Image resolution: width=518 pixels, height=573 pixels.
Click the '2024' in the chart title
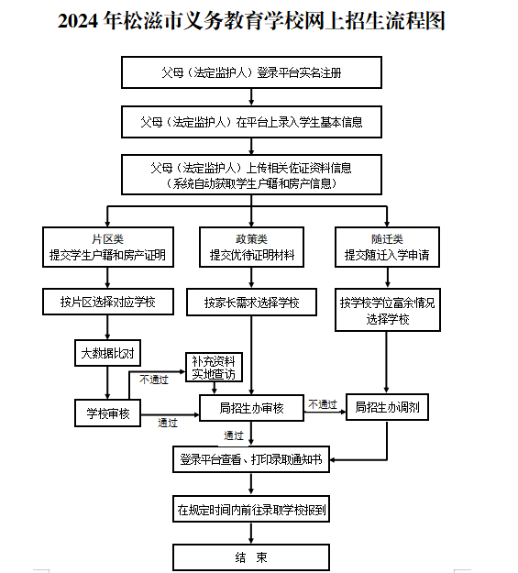click(x=78, y=20)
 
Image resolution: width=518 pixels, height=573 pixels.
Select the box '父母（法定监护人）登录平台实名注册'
click(x=251, y=72)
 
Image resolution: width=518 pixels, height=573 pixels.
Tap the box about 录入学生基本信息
click(x=251, y=122)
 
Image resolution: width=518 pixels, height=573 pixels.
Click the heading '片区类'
click(x=107, y=239)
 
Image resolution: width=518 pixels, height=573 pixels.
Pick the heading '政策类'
click(x=251, y=239)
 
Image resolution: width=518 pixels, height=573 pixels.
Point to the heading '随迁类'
click(x=387, y=239)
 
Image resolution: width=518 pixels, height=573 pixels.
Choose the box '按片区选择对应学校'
click(x=108, y=302)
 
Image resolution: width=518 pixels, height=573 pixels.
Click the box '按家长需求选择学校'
click(x=251, y=303)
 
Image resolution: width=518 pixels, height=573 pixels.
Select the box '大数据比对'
click(x=107, y=353)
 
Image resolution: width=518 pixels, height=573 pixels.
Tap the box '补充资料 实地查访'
click(x=214, y=368)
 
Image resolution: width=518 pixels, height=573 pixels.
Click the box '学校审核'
click(x=107, y=413)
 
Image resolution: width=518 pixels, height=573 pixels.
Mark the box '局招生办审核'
click(x=251, y=408)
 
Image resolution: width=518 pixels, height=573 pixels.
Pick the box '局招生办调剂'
click(x=387, y=407)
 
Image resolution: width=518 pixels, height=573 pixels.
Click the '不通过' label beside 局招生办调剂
click(x=323, y=404)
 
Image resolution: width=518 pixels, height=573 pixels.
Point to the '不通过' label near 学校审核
click(x=154, y=380)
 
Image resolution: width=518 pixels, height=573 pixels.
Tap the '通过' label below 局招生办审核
click(x=234, y=435)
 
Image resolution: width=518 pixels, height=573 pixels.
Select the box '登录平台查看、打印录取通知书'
click(x=251, y=459)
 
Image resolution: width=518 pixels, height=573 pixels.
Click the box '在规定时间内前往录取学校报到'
click(x=251, y=509)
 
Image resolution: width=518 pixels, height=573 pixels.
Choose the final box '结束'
click(x=251, y=557)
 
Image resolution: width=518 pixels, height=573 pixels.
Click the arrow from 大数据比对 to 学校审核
click(x=107, y=382)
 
